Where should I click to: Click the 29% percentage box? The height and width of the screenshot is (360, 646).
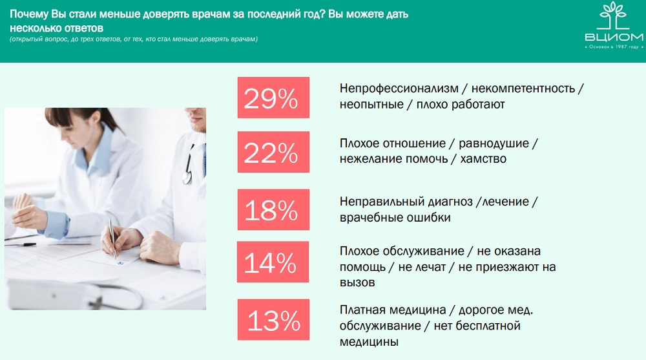click(x=273, y=98)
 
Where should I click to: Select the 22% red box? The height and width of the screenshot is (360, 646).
click(x=273, y=152)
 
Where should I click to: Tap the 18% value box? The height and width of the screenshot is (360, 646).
click(x=273, y=209)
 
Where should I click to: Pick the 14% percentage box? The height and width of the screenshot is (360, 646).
click(x=273, y=262)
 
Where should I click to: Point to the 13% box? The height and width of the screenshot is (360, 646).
click(x=273, y=319)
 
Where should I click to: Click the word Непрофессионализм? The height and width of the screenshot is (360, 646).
click(x=399, y=89)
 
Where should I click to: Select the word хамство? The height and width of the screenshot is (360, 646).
click(x=483, y=159)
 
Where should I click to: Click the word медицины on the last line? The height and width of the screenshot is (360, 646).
click(x=369, y=342)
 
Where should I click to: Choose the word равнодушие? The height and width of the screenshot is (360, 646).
click(x=494, y=143)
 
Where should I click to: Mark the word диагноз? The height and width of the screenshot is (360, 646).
click(x=450, y=202)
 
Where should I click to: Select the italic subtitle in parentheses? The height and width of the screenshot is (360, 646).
click(x=134, y=39)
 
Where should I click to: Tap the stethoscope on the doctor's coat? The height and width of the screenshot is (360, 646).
click(x=189, y=165)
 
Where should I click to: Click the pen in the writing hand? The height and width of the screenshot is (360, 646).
click(x=112, y=238)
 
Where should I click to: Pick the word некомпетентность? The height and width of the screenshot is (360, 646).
click(x=523, y=89)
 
